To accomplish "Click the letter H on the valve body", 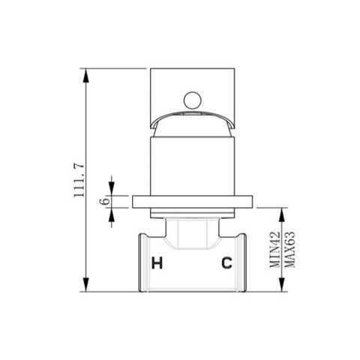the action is [x=157, y=263].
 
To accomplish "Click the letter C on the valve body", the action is [x=226, y=263].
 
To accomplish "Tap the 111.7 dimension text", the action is [x=79, y=180].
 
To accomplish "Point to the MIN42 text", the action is [x=274, y=250].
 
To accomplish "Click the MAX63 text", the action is [x=290, y=250].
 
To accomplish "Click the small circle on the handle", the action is [x=193, y=100].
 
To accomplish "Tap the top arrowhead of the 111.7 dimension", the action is [x=85, y=76].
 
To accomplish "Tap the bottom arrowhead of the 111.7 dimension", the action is [x=85, y=284].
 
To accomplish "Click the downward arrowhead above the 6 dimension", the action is [x=112, y=189].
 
